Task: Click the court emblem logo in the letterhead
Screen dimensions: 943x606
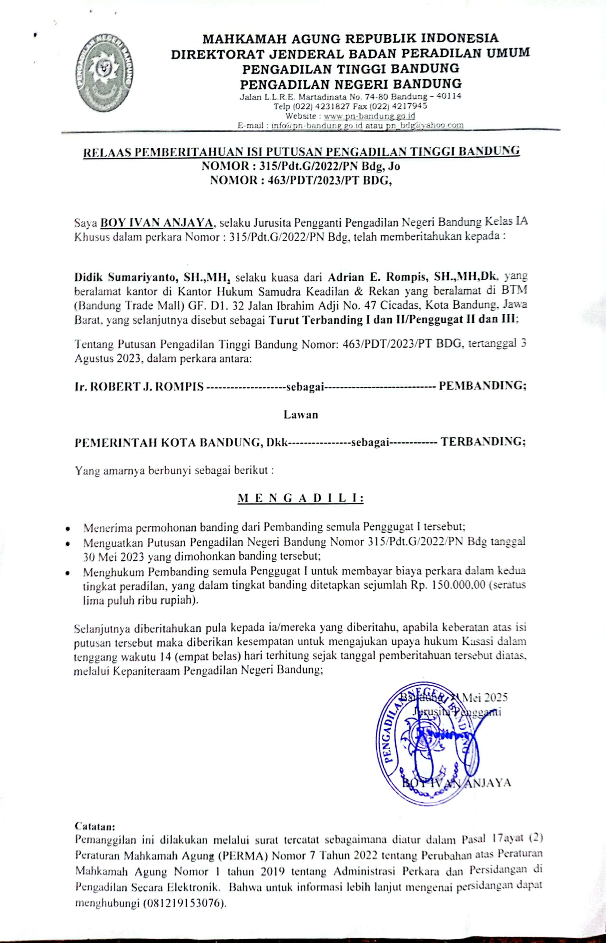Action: (x=103, y=73)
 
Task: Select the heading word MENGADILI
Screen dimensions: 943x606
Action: (x=301, y=498)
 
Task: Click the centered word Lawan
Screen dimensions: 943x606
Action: (x=301, y=415)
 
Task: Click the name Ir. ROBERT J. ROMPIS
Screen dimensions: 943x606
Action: (x=139, y=387)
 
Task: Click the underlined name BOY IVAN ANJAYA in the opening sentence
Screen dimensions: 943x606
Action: (x=157, y=223)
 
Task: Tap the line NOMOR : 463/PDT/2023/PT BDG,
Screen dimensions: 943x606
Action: (x=301, y=180)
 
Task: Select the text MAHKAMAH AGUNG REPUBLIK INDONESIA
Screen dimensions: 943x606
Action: (x=350, y=38)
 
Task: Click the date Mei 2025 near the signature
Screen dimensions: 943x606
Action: (x=485, y=697)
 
